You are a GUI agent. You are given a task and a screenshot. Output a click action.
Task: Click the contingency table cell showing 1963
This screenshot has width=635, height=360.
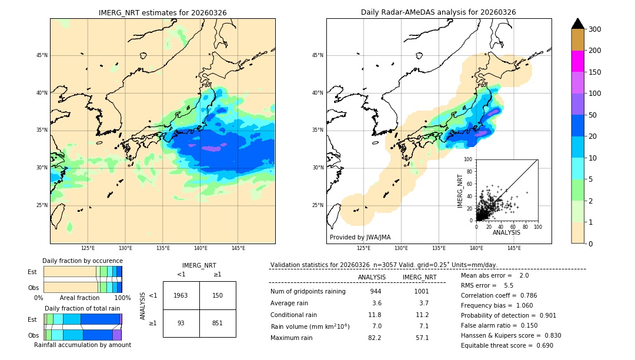[181, 295]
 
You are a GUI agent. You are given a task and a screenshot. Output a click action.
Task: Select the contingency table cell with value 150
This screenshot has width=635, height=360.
[218, 295]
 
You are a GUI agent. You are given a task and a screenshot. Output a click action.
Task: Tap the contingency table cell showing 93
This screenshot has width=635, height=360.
[181, 323]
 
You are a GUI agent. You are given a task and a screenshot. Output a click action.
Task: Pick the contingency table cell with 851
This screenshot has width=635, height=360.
[218, 323]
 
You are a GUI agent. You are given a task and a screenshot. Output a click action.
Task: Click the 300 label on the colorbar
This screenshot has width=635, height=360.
[596, 29]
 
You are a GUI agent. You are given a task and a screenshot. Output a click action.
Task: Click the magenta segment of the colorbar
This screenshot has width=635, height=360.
[578, 61]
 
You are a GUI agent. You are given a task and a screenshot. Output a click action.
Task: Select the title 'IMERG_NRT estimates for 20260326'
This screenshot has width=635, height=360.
[162, 12]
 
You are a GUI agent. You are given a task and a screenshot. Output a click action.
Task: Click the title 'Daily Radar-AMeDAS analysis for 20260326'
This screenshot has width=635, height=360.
[439, 12]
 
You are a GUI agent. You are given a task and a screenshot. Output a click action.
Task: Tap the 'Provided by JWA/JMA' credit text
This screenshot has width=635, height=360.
[360, 238]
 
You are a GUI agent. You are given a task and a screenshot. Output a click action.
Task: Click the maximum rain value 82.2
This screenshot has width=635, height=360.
[375, 338]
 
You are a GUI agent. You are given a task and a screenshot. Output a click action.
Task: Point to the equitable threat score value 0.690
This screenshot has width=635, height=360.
[541, 345]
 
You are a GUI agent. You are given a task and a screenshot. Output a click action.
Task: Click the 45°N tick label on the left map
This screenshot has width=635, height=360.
[42, 55]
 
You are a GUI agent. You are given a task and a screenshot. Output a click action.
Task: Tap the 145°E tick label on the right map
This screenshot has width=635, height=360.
[514, 248]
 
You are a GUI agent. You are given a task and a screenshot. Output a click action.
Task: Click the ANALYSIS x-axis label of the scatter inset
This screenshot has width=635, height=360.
[506, 232]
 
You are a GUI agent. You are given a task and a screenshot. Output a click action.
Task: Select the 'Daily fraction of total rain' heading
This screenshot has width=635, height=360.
[82, 308]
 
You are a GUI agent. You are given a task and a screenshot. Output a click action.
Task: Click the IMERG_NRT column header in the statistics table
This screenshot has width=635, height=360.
[419, 277]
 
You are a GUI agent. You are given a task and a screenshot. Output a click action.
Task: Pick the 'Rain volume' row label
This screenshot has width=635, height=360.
[310, 326]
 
